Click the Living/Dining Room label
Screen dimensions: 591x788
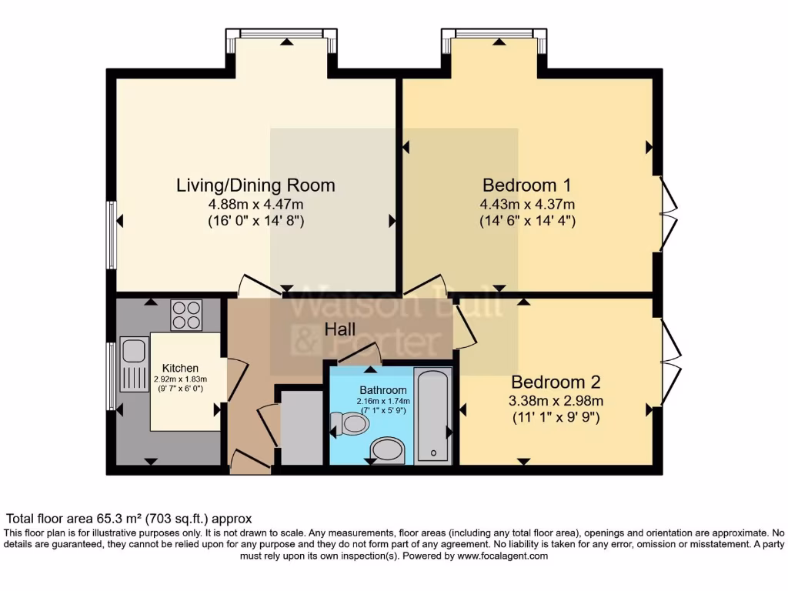[x=255, y=185]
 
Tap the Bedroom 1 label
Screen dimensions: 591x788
[x=526, y=185]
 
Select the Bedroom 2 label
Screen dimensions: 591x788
[x=556, y=382]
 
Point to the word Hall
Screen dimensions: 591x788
[x=339, y=329]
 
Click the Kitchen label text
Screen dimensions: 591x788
[x=180, y=369]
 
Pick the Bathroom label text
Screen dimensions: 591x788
[x=382, y=390]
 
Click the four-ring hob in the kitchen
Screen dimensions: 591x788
[x=186, y=315]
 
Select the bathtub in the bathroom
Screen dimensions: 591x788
[x=433, y=416]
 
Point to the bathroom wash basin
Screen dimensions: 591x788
[x=387, y=450]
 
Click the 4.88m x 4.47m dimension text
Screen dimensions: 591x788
[x=255, y=205]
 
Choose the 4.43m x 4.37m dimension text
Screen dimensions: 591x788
[x=527, y=205]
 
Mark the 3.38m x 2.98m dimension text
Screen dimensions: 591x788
[x=556, y=401]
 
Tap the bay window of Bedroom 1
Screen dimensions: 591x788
[x=494, y=35]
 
